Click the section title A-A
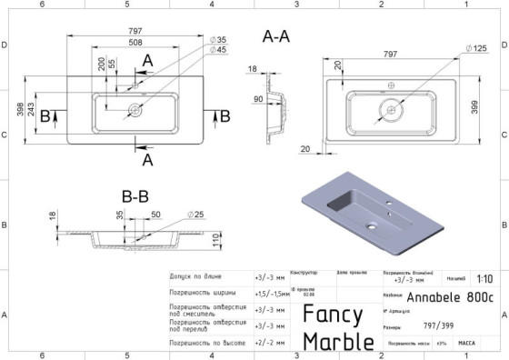276,37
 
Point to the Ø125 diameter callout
478,47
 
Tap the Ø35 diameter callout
217,40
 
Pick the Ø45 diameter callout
217,50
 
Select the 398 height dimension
19,109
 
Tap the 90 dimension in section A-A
257,98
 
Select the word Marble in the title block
337,341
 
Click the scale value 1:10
484,280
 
